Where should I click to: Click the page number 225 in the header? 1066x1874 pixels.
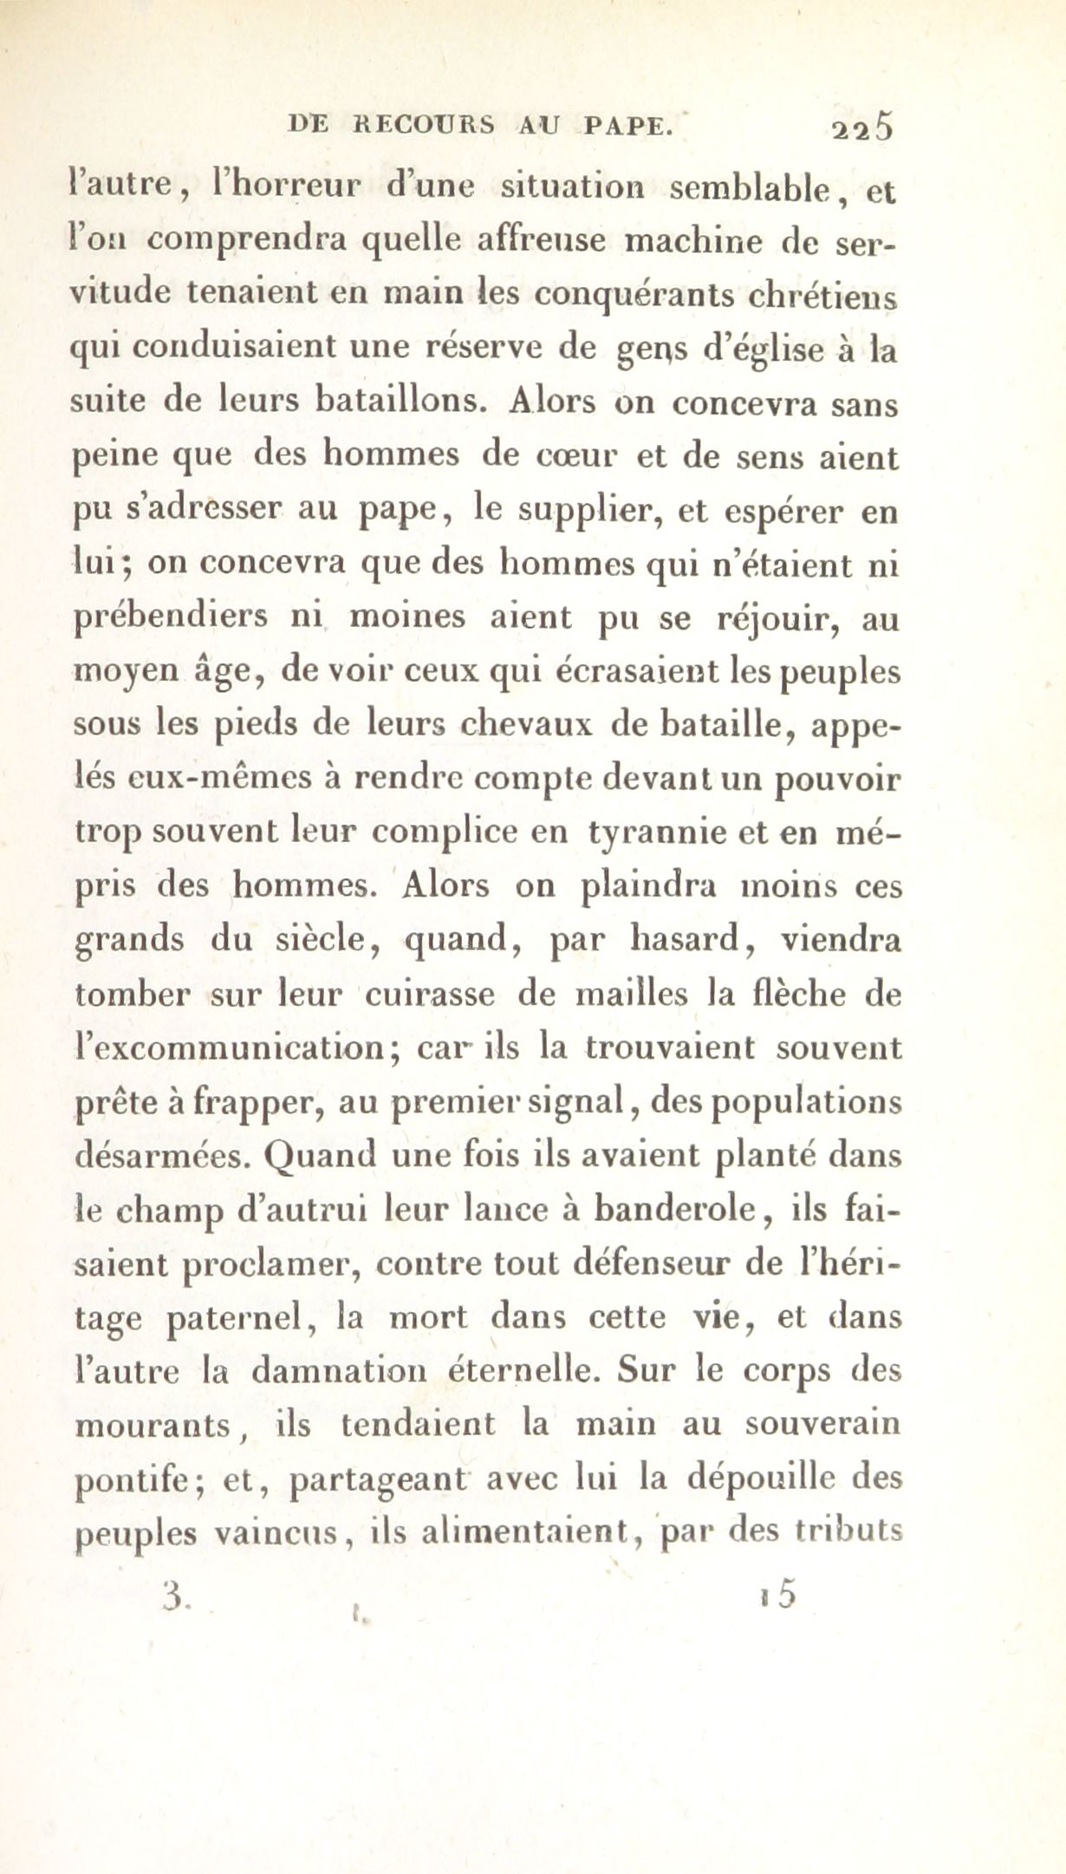coord(860,128)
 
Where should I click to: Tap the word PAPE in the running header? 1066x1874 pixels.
coord(628,126)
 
